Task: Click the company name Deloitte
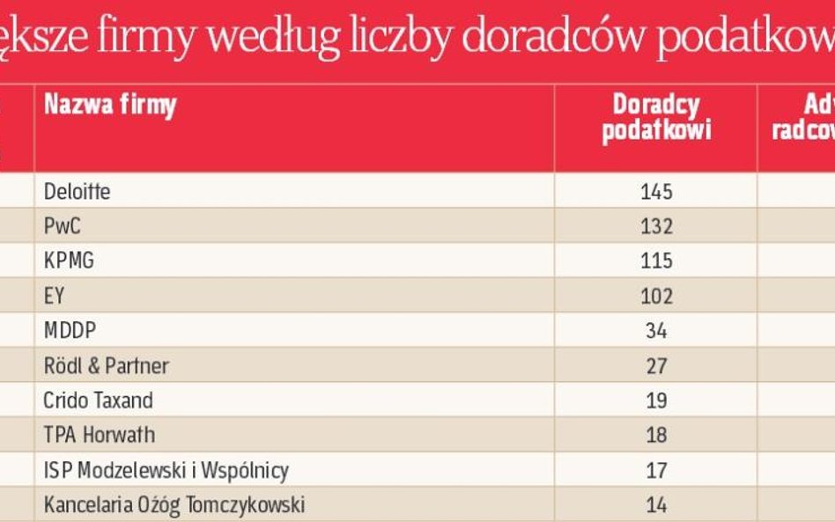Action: click(x=78, y=191)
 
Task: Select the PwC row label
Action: click(x=62, y=226)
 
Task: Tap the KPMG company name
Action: click(x=69, y=261)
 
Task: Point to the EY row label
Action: click(x=54, y=296)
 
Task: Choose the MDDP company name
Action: click(x=69, y=331)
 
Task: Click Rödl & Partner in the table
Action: click(x=106, y=365)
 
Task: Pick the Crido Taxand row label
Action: click(x=98, y=401)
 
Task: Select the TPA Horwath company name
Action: click(x=99, y=435)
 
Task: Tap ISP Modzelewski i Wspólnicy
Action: click(x=166, y=470)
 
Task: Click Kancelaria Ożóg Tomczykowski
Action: click(x=174, y=505)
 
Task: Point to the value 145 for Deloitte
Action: click(x=656, y=191)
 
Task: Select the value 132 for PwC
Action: click(x=656, y=226)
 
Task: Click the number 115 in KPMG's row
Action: click(x=656, y=261)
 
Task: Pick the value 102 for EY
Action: click(x=656, y=296)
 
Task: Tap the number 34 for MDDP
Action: click(x=656, y=331)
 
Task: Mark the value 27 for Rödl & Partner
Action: click(x=656, y=365)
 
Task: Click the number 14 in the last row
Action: click(x=656, y=505)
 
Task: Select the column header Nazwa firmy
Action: click(x=110, y=107)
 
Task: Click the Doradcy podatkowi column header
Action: click(x=656, y=118)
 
